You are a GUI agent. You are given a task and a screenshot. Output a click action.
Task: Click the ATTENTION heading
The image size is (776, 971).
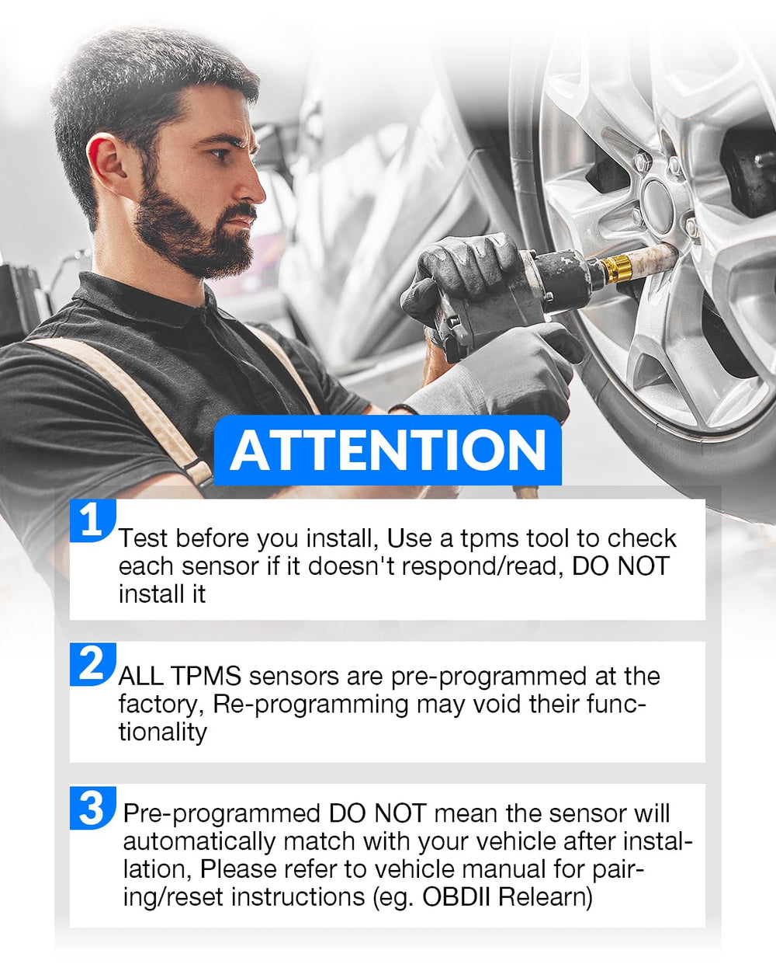(388, 451)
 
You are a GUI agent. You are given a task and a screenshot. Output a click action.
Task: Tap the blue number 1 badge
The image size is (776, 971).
(93, 520)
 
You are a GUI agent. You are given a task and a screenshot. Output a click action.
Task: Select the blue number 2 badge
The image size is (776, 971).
(93, 663)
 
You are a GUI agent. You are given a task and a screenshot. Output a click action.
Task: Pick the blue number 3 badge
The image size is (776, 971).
(93, 808)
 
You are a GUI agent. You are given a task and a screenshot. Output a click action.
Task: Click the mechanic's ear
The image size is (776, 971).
(105, 159)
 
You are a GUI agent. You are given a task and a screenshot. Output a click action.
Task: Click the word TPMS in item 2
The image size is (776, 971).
(206, 676)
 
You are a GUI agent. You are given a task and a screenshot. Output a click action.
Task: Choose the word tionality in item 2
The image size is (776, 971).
(163, 733)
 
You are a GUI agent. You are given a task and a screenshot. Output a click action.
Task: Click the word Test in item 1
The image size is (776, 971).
(143, 538)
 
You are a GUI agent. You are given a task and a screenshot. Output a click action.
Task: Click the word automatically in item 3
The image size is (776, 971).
(199, 841)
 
